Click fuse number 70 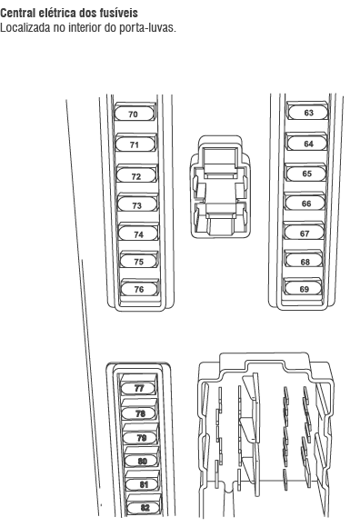pos(135,114)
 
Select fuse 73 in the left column pos(137,204)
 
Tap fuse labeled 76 pos(139,289)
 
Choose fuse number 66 pos(305,203)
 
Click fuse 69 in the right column pos(304,288)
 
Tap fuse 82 pos(144,507)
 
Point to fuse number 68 pos(305,261)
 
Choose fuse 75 pos(139,261)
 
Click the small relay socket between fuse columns pos(220,187)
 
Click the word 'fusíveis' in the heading pos(119,13)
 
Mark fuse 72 pos(136,175)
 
